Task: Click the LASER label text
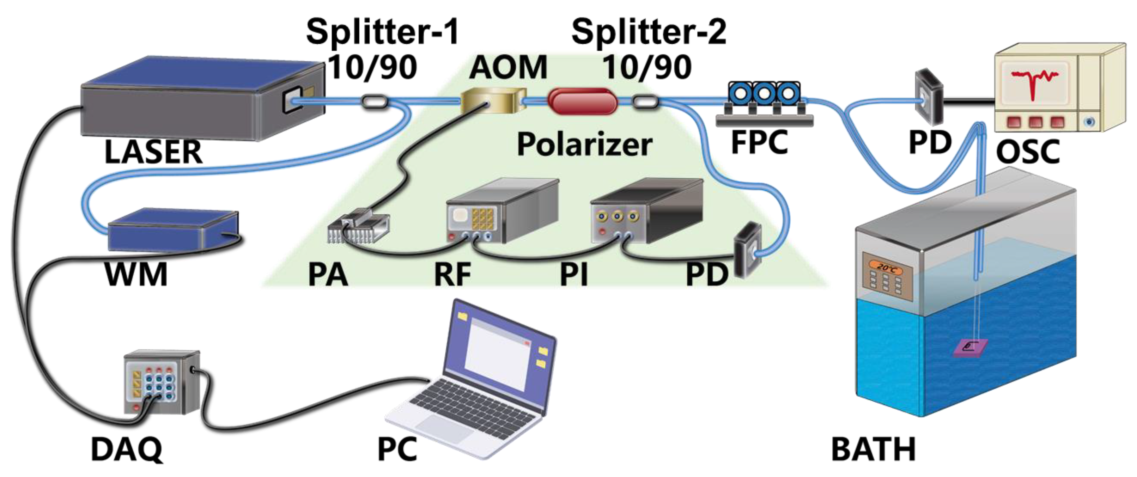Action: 153,152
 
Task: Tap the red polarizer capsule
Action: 582,102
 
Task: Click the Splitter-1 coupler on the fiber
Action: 374,102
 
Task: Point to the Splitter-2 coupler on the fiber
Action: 645,102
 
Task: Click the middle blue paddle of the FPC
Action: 763,93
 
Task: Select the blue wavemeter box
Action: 173,230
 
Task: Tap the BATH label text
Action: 873,449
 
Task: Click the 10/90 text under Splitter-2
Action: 647,67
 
